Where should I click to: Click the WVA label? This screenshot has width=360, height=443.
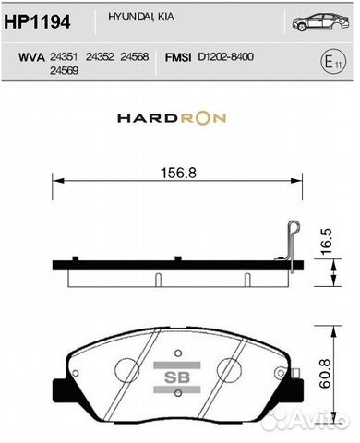(32, 57)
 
